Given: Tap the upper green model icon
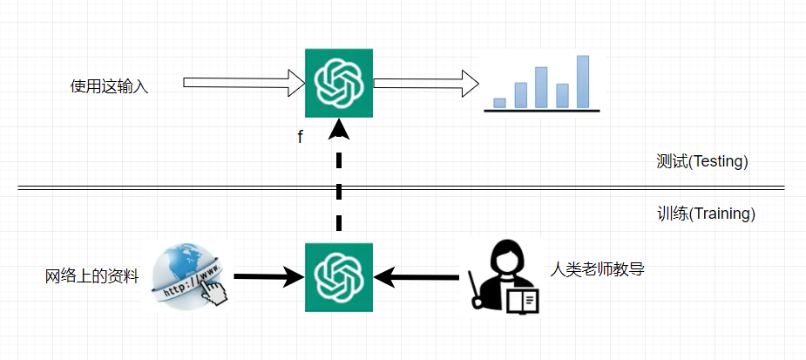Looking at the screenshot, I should [339, 83].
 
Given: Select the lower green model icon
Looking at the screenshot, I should [339, 277].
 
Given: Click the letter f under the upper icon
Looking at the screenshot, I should [301, 138].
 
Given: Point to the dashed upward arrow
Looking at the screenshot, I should [339, 183].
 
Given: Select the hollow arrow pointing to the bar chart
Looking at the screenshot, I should [426, 84].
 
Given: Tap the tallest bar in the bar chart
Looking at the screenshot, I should [583, 82].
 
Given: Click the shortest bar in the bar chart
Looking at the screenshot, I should [499, 103].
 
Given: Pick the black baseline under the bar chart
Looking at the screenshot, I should [544, 111].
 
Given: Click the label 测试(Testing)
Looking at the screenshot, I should [702, 161].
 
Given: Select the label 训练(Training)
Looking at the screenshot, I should [706, 214].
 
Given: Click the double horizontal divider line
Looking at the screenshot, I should [401, 187].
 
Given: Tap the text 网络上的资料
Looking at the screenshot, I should [91, 277].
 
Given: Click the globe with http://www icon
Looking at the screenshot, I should [184, 273].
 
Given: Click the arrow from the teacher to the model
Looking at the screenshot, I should [417, 277].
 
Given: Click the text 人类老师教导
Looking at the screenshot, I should [598, 269].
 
